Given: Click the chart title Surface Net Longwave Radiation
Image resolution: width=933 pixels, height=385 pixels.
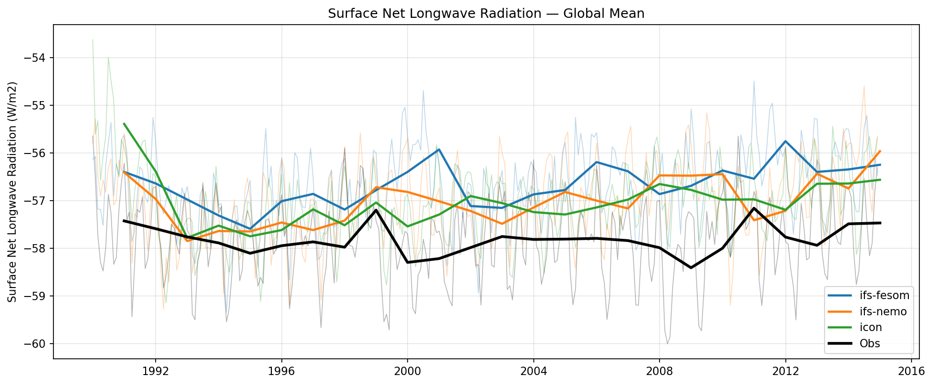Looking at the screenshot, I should [486, 14].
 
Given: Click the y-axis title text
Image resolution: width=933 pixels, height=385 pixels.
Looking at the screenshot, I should [13, 192].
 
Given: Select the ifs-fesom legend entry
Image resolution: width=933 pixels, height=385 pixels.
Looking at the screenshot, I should [883, 295].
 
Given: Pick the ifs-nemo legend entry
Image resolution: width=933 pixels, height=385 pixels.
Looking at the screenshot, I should [882, 312].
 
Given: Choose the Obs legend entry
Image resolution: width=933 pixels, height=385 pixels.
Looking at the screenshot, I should [870, 344].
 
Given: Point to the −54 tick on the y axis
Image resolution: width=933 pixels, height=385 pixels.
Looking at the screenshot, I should [37, 58].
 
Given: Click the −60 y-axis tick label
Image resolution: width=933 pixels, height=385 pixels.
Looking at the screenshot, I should [37, 344].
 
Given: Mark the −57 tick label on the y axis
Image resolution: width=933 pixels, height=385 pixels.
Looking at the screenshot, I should [37, 201].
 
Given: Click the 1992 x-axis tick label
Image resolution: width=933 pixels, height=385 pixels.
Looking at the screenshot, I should [156, 370].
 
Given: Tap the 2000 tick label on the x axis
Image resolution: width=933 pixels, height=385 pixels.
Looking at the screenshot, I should [408, 370].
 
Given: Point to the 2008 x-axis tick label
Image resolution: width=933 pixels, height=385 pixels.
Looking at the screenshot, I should [660, 370].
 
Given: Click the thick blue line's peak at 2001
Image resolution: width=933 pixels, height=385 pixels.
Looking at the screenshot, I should [439, 149].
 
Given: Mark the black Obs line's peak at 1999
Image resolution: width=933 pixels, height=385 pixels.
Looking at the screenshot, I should [376, 210].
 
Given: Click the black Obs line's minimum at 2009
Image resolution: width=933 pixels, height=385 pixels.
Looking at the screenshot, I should [691, 268].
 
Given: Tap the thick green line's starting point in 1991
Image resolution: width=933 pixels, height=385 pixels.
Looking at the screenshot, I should [124, 124].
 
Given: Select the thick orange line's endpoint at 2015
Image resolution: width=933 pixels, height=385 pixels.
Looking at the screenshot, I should [880, 151].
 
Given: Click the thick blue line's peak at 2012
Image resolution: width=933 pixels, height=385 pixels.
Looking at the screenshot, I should [785, 141].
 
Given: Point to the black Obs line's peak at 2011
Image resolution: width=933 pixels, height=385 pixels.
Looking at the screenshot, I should [754, 208].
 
